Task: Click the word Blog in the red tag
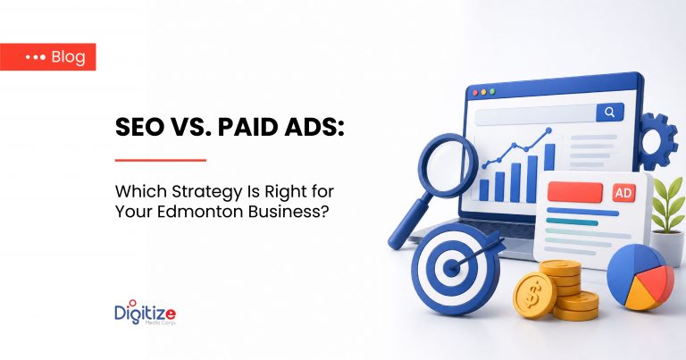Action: [68, 57]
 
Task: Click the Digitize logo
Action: [146, 313]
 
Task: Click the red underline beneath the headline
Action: [161, 160]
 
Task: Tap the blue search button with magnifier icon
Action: [610, 112]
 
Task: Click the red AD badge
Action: [623, 193]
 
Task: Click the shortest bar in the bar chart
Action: [484, 190]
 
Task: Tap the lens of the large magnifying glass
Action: [448, 165]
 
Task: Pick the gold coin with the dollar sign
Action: [534, 295]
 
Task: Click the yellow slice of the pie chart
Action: [641, 297]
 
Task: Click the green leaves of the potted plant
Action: [668, 204]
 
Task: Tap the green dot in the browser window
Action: [492, 91]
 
